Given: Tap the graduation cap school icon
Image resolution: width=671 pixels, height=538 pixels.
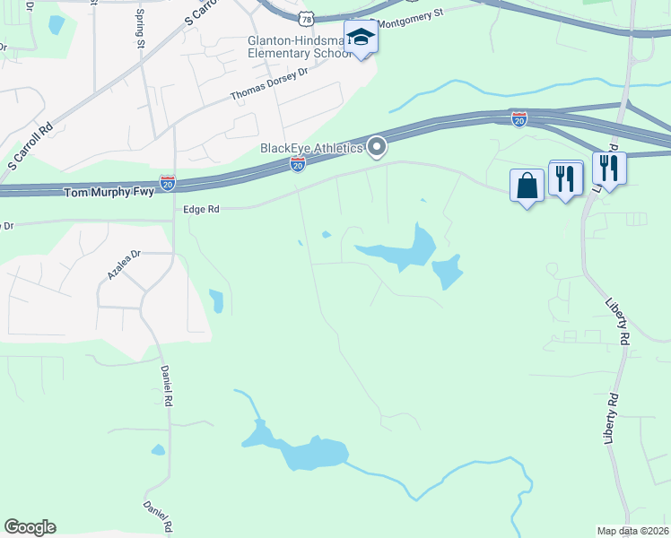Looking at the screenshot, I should point(361,37).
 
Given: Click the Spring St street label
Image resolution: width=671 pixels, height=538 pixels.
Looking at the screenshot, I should point(140,29).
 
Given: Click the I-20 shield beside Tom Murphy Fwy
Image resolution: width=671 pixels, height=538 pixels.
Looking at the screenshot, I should point(168,183).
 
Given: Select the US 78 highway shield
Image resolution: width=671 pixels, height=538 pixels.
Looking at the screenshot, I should point(308,18).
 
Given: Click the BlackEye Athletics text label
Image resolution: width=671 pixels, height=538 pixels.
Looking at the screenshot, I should point(311,148).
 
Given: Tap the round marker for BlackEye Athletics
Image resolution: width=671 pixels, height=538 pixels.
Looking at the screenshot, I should point(378,146).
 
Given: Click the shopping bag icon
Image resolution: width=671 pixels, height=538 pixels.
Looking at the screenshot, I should point(527,185).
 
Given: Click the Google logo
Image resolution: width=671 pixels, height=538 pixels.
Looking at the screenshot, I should point(30,527).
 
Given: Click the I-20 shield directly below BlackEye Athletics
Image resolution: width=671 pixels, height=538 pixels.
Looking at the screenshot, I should point(298,164).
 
